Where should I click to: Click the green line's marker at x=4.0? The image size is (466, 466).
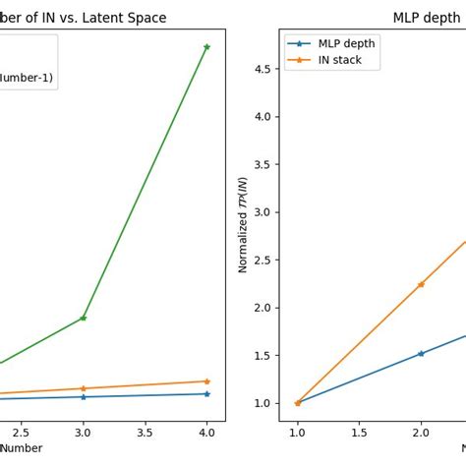pyautogui.click(x=206, y=46)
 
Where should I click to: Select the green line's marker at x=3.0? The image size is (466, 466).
pyautogui.click(x=83, y=318)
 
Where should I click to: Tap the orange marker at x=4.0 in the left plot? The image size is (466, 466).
pyautogui.click(x=206, y=381)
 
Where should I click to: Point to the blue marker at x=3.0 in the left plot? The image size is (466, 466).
pyautogui.click(x=83, y=396)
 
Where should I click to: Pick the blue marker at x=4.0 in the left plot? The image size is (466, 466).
pyautogui.click(x=206, y=393)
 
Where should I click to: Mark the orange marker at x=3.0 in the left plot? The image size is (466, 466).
pyautogui.click(x=83, y=388)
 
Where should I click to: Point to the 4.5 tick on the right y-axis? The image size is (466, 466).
pyautogui.click(x=262, y=69)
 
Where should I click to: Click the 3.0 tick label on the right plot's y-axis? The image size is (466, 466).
pyautogui.click(x=262, y=212)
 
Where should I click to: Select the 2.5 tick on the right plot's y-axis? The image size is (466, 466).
pyautogui.click(x=262, y=261)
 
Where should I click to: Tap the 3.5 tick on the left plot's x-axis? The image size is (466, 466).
pyautogui.click(x=145, y=432)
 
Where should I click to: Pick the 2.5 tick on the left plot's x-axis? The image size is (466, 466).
pyautogui.click(x=21, y=432)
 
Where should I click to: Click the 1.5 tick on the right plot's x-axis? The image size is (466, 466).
pyautogui.click(x=359, y=432)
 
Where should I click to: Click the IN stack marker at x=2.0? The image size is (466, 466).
pyautogui.click(x=421, y=284)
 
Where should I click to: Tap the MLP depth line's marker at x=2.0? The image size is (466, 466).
pyautogui.click(x=421, y=353)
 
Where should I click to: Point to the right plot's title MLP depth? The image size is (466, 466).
pyautogui.click(x=429, y=18)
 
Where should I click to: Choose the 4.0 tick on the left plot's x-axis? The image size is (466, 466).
pyautogui.click(x=206, y=432)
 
